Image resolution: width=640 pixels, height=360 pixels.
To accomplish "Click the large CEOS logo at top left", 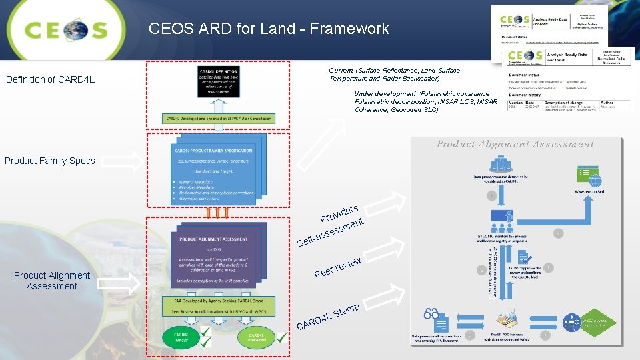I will click(x=65, y=30).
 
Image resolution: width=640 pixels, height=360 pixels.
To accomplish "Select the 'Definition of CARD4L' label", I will click(x=51, y=80).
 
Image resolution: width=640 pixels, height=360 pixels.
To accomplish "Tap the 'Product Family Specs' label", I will click(x=50, y=161).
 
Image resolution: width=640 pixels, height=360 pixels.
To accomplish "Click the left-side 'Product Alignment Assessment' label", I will click(x=52, y=281).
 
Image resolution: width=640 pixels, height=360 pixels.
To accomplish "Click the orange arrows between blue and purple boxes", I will click(x=217, y=213).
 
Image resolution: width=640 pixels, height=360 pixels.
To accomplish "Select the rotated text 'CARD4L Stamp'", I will click(x=329, y=317).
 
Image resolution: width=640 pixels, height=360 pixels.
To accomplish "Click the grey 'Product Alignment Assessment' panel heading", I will click(x=515, y=144).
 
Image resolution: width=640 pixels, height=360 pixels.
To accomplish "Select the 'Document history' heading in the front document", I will click(x=525, y=95).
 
